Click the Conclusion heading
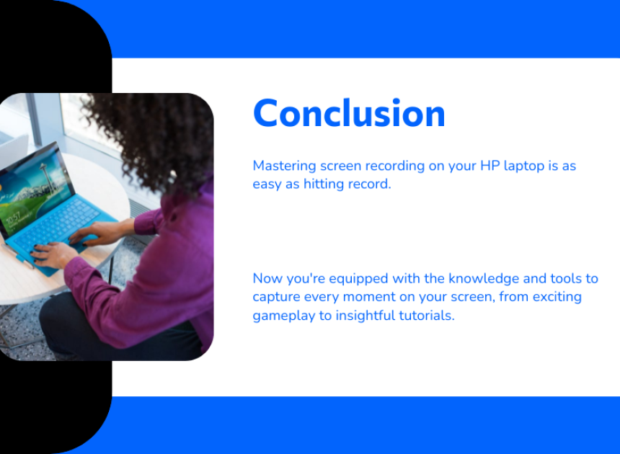(349, 113)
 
